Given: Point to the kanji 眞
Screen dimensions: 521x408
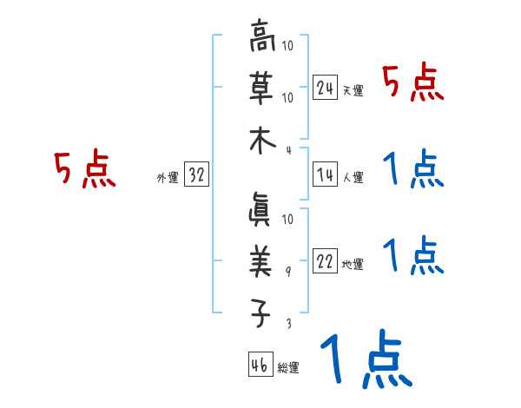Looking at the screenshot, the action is pyautogui.click(x=260, y=209).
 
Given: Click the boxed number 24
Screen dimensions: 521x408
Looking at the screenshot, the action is pyautogui.click(x=325, y=87).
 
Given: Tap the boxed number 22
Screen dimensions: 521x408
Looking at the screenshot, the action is pyautogui.click(x=325, y=262).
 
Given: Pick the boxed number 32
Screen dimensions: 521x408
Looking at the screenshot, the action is pyautogui.click(x=195, y=175).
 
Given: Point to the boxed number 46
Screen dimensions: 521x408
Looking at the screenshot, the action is pyautogui.click(x=258, y=365).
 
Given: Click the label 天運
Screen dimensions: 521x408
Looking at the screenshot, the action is pyautogui.click(x=352, y=90).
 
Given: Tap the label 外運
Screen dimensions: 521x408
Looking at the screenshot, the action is pyautogui.click(x=167, y=178).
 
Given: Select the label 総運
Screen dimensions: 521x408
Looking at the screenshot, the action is pyautogui.click(x=287, y=368).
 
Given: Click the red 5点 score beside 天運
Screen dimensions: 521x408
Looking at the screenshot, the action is pyautogui.click(x=412, y=84).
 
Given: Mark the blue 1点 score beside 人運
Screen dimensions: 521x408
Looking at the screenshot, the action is pyautogui.click(x=412, y=169).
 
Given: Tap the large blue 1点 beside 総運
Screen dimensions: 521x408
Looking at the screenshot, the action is pyautogui.click(x=365, y=360).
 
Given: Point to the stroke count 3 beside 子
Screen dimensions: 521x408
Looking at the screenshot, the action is pyautogui.click(x=289, y=324).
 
